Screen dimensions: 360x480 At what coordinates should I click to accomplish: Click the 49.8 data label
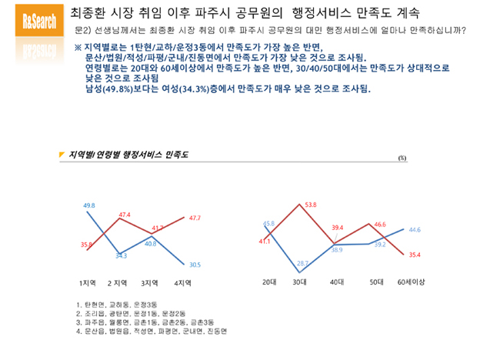[89, 205]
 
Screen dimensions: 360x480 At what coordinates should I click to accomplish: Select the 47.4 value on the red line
[125, 215]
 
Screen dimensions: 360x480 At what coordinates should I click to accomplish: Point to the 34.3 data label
[122, 255]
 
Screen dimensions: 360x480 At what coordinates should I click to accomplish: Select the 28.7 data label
[303, 262]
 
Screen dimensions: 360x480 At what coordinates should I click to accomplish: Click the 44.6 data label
[413, 230]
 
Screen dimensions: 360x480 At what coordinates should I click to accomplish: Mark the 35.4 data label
[414, 254]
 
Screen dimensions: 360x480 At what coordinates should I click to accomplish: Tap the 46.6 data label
[380, 225]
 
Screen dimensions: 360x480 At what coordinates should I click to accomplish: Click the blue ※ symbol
[78, 48]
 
